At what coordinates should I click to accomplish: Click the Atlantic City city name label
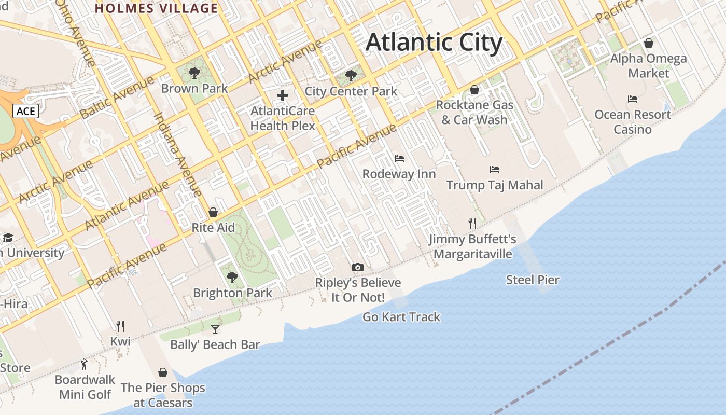pyautogui.click(x=434, y=43)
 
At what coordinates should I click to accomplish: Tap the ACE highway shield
pyautogui.click(x=25, y=111)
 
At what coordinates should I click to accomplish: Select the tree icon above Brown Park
pyautogui.click(x=194, y=73)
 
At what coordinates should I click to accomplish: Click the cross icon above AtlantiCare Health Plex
pyautogui.click(x=283, y=95)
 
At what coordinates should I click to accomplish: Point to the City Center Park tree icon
pyautogui.click(x=351, y=76)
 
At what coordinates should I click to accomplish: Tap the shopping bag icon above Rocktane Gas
pyautogui.click(x=474, y=90)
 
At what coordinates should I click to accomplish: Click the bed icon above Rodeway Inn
pyautogui.click(x=399, y=158)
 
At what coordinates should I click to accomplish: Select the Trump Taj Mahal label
pyautogui.click(x=495, y=185)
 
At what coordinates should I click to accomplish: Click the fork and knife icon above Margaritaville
pyautogui.click(x=472, y=224)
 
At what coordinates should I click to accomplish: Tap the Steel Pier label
pyautogui.click(x=533, y=280)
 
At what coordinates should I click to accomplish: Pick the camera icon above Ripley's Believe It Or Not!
pyautogui.click(x=358, y=268)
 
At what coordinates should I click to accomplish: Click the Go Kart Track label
pyautogui.click(x=401, y=317)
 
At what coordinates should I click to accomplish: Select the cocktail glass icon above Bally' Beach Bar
pyautogui.click(x=215, y=329)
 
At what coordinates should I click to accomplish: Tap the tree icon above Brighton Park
pyautogui.click(x=232, y=278)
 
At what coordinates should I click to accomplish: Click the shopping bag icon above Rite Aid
pyautogui.click(x=213, y=212)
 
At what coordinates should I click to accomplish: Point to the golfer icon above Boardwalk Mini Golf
pyautogui.click(x=85, y=364)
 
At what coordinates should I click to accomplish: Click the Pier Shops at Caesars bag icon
pyautogui.click(x=163, y=372)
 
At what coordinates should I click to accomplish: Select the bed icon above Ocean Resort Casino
pyautogui.click(x=633, y=99)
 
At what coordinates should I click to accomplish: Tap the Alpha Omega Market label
pyautogui.click(x=648, y=66)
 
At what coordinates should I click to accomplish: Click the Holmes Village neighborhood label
pyautogui.click(x=156, y=8)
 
